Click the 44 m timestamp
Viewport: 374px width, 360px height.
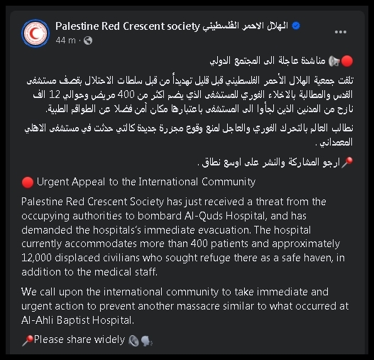[65, 40]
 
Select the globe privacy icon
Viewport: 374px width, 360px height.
[89, 40]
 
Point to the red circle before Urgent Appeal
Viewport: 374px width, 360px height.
[27, 182]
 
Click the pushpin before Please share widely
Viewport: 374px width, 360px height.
[27, 340]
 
